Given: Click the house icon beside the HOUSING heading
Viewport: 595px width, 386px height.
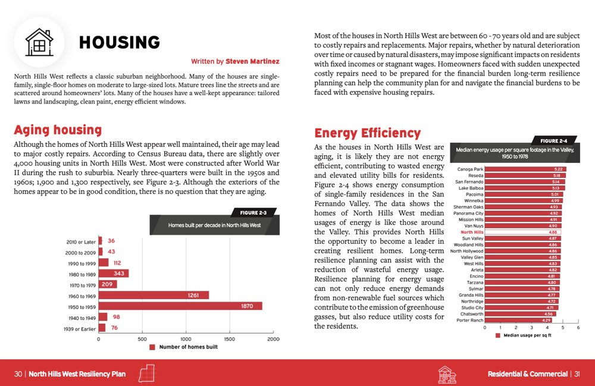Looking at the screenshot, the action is tap(39, 42).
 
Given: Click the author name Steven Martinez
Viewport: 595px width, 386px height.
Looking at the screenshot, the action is tap(252, 61).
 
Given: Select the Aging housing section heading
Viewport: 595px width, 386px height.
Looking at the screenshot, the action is tap(58, 130).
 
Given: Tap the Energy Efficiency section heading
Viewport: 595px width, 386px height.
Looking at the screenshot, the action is tap(367, 133).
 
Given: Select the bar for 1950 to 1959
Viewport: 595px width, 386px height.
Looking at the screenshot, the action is tap(180, 306).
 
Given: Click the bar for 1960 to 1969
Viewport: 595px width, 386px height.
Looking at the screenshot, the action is tap(154, 295).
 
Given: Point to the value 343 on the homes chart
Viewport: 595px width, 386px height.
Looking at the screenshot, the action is tap(119, 274).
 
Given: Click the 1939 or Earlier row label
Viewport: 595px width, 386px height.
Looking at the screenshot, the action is tap(80, 329).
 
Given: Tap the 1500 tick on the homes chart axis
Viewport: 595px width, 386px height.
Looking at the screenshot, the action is tap(230, 339).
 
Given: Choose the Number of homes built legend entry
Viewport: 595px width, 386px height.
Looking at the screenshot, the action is tap(184, 347).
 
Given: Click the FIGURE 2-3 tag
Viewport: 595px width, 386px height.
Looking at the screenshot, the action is tap(253, 213).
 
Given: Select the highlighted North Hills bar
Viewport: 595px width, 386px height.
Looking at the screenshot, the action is tap(522, 232).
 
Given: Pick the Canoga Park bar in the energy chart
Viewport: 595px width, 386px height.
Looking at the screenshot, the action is tap(525, 169).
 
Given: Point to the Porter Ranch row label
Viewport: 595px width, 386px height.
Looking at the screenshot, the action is tap(470, 321).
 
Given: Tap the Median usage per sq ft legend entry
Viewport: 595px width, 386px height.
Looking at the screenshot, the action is tap(523, 335).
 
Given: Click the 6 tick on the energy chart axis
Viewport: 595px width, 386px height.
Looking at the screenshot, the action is tap(578, 328).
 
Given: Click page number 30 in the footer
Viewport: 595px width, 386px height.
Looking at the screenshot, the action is tap(18, 374).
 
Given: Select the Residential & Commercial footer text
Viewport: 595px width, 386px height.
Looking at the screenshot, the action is tap(527, 374).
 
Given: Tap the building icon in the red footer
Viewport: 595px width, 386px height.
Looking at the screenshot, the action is tap(447, 375).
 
